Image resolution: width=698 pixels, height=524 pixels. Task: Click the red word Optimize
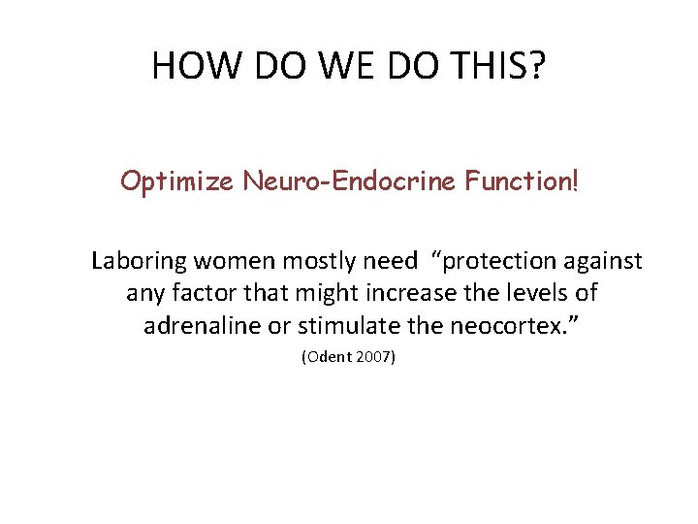[x=176, y=181]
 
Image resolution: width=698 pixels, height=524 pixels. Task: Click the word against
[x=604, y=262]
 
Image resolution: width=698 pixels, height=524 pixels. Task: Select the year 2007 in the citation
[x=374, y=357]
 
